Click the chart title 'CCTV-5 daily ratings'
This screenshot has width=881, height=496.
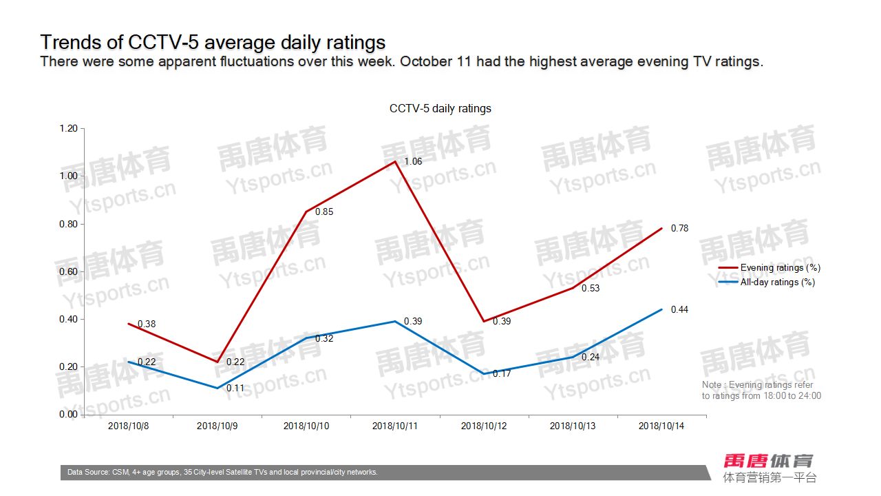point(440,109)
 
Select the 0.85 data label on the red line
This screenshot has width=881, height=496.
point(324,212)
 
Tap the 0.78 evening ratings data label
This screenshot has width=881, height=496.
point(679,229)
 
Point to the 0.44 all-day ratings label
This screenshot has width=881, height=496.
point(679,310)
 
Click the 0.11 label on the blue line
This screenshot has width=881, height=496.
point(236,389)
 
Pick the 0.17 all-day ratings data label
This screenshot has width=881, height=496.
point(502,374)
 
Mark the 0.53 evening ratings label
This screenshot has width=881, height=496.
point(591,289)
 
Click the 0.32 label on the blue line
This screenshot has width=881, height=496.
point(324,339)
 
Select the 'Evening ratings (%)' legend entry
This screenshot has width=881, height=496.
point(780,268)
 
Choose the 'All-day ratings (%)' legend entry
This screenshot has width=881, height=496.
point(777,282)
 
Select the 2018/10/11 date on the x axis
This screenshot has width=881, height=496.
point(395,426)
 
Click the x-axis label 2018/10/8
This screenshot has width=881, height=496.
point(129,426)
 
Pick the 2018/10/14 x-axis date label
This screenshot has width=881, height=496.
point(661,426)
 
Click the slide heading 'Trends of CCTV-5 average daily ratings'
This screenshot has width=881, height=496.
point(213,42)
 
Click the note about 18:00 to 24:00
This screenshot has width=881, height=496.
point(761,391)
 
